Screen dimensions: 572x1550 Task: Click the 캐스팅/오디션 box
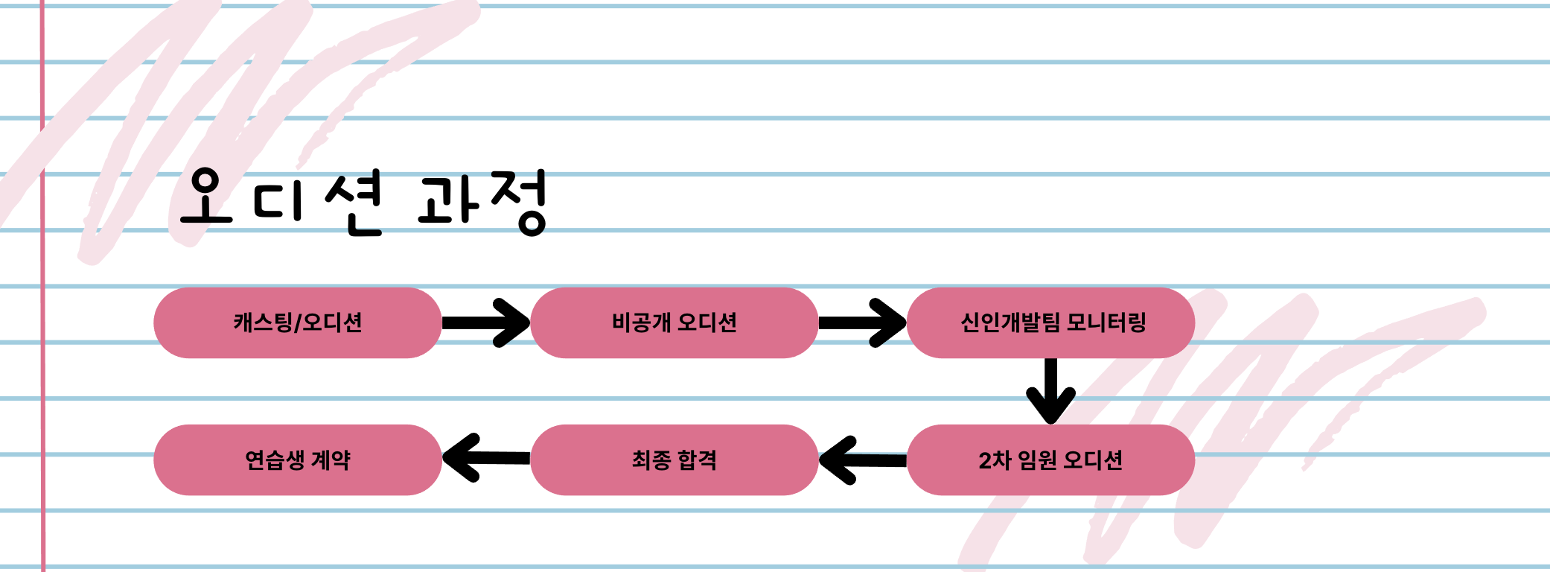click(297, 322)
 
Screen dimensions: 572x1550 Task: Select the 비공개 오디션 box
click(674, 322)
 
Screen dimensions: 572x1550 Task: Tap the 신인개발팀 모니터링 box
click(1050, 322)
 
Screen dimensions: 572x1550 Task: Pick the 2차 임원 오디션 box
click(1050, 460)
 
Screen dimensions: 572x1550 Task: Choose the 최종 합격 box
click(674, 460)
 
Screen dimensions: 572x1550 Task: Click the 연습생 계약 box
click(297, 460)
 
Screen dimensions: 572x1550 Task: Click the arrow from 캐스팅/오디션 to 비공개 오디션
click(485, 322)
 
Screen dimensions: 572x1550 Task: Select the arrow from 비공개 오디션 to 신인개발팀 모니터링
click(862, 322)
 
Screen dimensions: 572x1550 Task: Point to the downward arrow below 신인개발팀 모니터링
click(1050, 391)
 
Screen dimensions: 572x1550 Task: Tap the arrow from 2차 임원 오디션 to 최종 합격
click(862, 460)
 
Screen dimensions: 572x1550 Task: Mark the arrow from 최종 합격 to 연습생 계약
click(485, 458)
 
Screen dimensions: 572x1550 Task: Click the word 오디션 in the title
click(281, 200)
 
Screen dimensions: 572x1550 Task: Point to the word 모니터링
click(1106, 322)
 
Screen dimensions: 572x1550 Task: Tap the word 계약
click(330, 460)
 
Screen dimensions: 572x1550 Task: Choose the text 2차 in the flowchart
click(994, 460)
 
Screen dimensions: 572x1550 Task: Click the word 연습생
click(275, 460)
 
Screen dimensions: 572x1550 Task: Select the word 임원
click(1037, 460)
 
